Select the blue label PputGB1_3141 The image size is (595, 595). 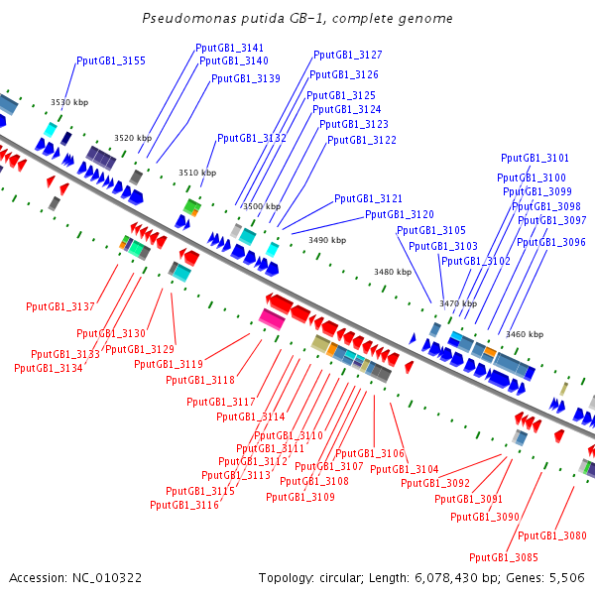(x=230, y=48)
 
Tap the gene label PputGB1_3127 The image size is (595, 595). (x=347, y=56)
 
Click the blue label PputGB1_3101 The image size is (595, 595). (x=535, y=159)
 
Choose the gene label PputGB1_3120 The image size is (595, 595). (x=400, y=215)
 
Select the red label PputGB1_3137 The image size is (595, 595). (x=60, y=307)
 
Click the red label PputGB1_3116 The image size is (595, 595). (x=184, y=506)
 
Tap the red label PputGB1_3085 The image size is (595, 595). (x=504, y=557)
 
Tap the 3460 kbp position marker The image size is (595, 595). (x=525, y=335)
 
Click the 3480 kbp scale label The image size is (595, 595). (x=393, y=272)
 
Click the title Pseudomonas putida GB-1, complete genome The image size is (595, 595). (x=297, y=19)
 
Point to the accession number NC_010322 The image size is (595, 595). (x=108, y=577)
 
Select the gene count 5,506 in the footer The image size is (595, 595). (x=565, y=577)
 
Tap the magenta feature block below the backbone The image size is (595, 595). (x=271, y=317)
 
